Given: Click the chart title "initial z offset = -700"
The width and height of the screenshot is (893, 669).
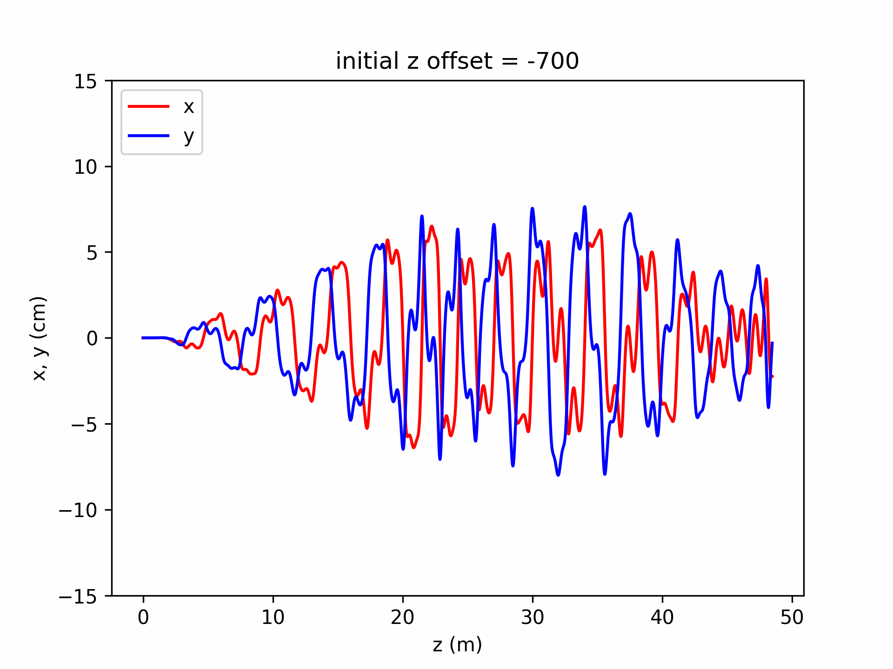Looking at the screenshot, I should (457, 61).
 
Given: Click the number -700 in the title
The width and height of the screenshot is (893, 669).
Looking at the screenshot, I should (553, 61).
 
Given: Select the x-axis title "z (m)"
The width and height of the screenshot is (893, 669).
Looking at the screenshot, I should (457, 645).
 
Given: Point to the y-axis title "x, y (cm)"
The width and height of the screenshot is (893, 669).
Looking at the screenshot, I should (40, 338).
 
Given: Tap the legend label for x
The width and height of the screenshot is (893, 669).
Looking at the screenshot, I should (188, 107).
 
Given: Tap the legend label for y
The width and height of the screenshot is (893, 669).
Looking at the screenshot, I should (188, 136).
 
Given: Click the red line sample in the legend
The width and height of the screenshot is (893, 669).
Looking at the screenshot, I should (149, 106).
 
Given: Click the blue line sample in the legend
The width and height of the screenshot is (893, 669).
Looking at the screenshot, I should (149, 136).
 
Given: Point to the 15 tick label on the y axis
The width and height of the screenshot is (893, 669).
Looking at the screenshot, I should (86, 82).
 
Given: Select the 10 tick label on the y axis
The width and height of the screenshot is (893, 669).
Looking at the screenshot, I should (86, 167).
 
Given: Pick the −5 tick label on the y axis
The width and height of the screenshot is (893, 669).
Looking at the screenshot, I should (84, 425).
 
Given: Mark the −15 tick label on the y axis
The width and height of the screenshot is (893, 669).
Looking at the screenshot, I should (78, 596).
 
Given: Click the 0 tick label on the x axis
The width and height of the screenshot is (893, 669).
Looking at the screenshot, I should (143, 617).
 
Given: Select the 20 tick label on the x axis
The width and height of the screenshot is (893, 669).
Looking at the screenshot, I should (403, 617).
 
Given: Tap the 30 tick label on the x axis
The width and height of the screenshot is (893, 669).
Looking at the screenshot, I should (533, 617).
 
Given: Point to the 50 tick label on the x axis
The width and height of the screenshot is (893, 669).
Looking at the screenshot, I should (792, 617).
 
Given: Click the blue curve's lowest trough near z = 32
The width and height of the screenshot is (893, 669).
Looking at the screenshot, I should (558, 475).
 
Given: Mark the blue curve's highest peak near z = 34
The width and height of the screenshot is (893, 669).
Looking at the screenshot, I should (585, 207).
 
